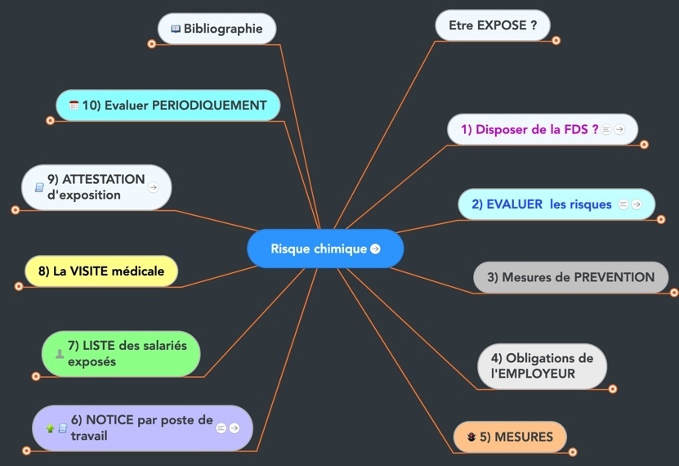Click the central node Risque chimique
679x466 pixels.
(x=319, y=249)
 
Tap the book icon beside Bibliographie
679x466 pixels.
(x=176, y=29)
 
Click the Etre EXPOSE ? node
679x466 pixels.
(x=493, y=25)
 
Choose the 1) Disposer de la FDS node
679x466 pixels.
(x=529, y=129)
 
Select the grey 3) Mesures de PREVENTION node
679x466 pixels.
(x=570, y=277)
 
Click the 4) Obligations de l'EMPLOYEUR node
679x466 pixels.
(x=542, y=366)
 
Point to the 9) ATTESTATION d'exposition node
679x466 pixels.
(x=96, y=187)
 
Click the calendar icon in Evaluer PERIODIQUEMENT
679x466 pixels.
(x=74, y=105)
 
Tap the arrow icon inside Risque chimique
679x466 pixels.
(x=375, y=249)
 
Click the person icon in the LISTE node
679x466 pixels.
(x=60, y=354)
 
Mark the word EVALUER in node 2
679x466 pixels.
(x=514, y=204)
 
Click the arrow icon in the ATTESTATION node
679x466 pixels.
(x=153, y=187)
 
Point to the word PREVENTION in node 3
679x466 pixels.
(x=614, y=277)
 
